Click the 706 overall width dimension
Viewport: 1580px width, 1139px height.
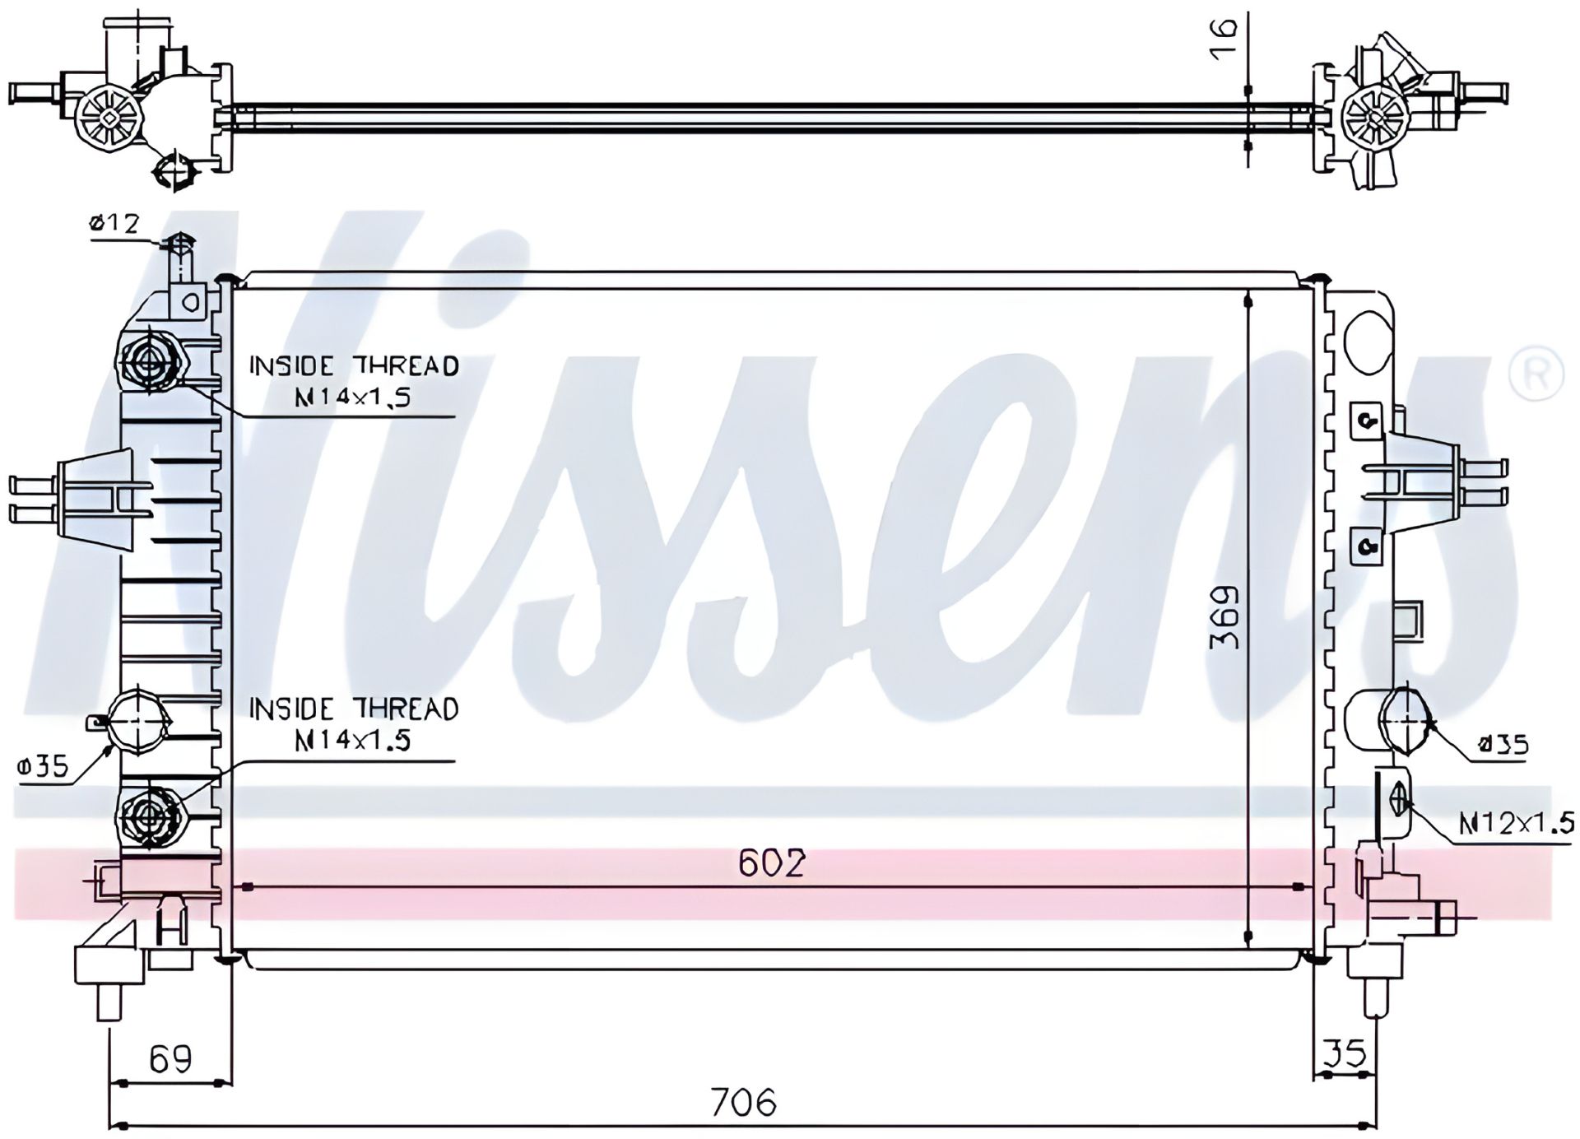pyautogui.click(x=744, y=1101)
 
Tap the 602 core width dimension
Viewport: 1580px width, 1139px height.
pyautogui.click(x=772, y=862)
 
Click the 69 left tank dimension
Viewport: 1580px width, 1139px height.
pyautogui.click(x=170, y=1058)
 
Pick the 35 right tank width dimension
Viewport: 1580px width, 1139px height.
pyautogui.click(x=1345, y=1053)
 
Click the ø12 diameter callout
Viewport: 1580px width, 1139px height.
pyautogui.click(x=114, y=223)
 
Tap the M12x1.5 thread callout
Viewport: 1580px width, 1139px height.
pyautogui.click(x=1516, y=822)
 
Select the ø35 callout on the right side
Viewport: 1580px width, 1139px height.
pyautogui.click(x=1503, y=746)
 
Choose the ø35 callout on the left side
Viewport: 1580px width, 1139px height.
pyautogui.click(x=42, y=767)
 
